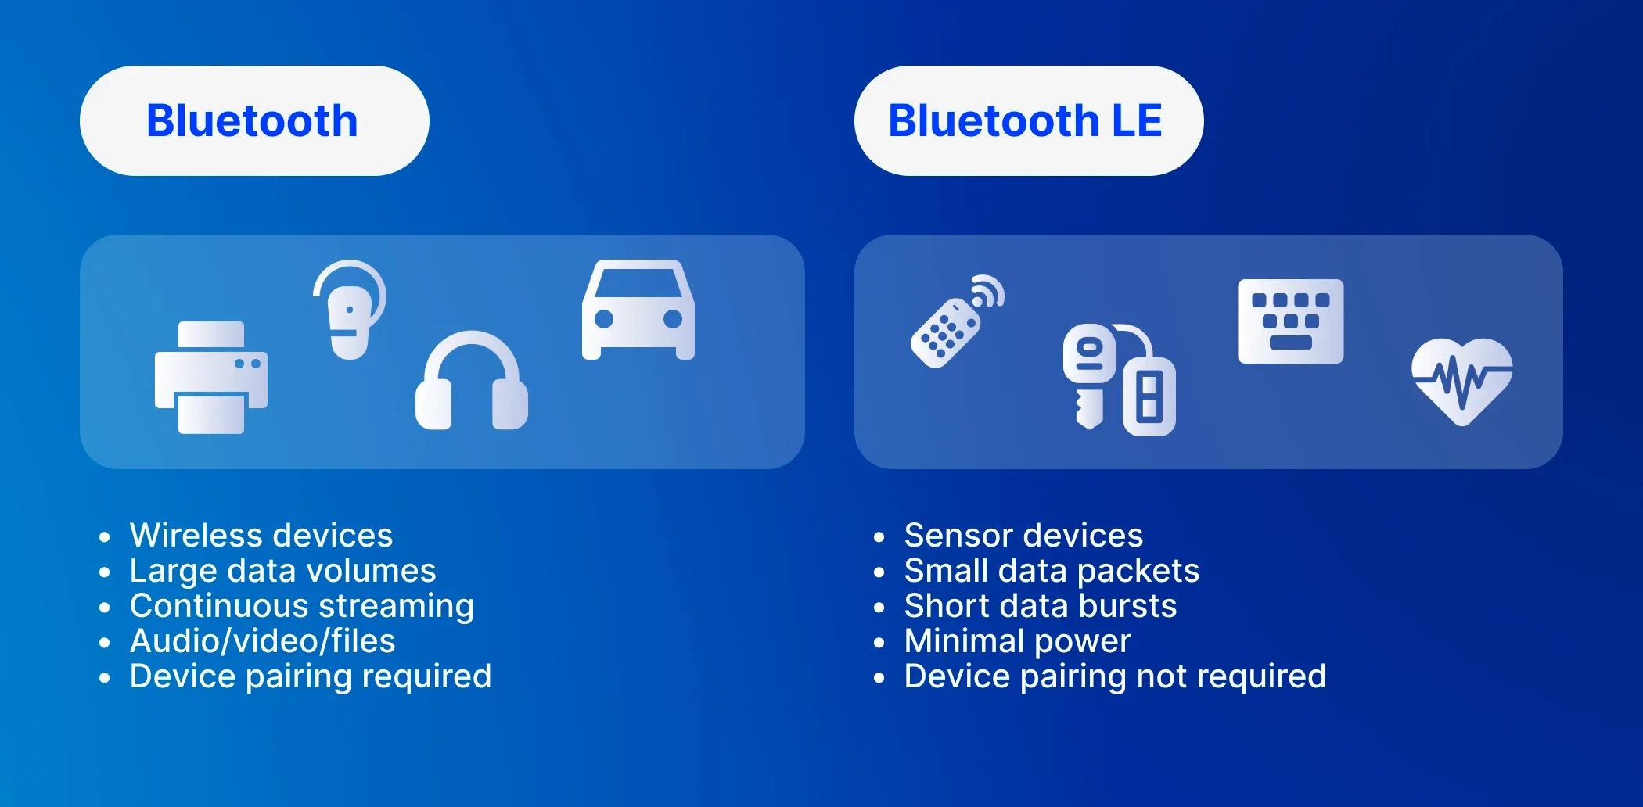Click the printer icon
(x=211, y=378)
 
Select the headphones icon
(x=471, y=382)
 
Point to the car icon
(x=638, y=310)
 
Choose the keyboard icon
(x=1290, y=321)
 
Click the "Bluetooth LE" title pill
(x=1028, y=121)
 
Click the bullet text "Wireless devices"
(x=261, y=536)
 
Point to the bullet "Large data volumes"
(x=282, y=571)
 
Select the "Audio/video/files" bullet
(x=263, y=641)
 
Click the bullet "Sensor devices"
(x=1023, y=536)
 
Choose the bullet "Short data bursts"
(x=1041, y=606)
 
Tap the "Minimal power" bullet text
(x=1017, y=641)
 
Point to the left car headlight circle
(x=604, y=319)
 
